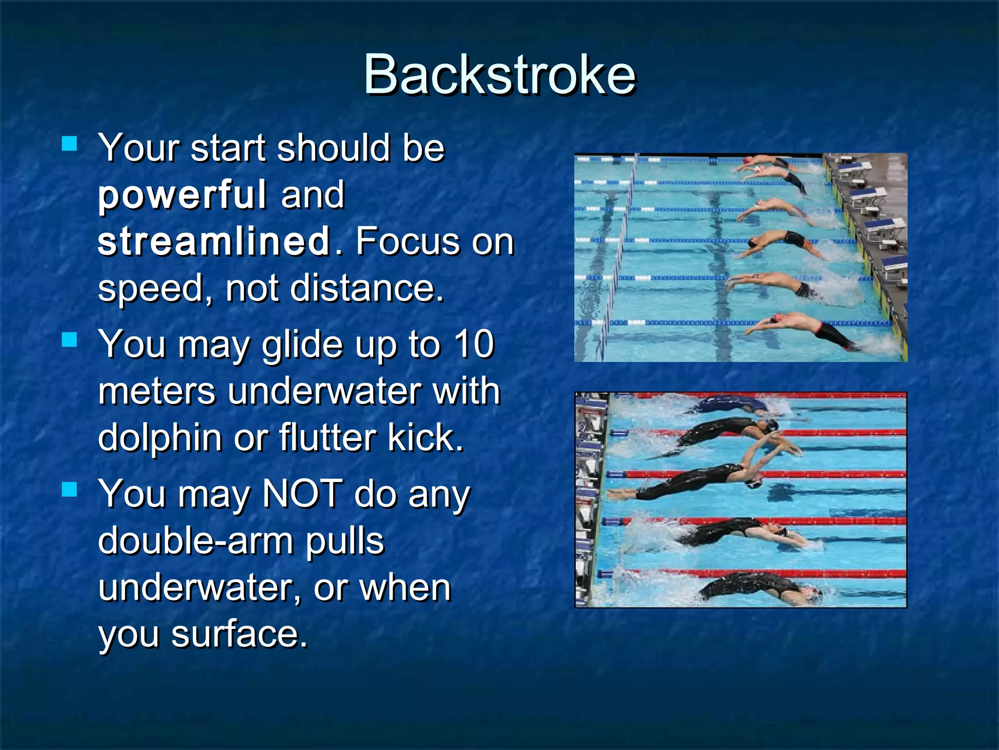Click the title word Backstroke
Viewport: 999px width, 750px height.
click(x=499, y=74)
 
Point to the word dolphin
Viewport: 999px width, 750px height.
click(x=159, y=437)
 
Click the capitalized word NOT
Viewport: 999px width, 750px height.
click(x=302, y=494)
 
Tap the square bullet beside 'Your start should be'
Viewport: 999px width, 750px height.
click(x=70, y=144)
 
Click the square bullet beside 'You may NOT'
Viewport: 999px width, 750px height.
click(x=70, y=489)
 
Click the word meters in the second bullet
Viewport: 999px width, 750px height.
click(x=157, y=391)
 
